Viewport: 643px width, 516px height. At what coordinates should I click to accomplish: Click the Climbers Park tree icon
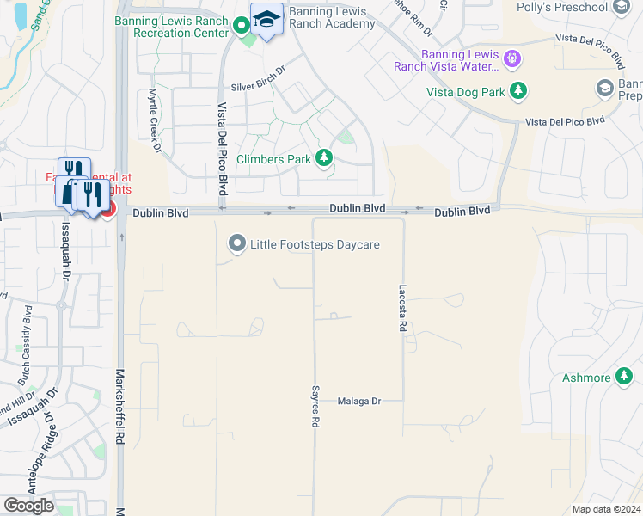[x=324, y=157]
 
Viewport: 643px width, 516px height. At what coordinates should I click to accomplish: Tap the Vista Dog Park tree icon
[x=517, y=90]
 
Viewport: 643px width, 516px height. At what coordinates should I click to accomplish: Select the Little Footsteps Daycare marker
[x=236, y=244]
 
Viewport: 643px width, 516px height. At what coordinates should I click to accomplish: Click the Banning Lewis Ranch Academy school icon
[x=267, y=20]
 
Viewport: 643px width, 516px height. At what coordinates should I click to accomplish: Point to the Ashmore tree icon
[x=625, y=378]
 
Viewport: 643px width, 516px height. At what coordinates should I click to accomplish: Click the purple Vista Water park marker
[x=513, y=58]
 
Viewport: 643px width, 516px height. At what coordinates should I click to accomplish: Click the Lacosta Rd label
[x=401, y=309]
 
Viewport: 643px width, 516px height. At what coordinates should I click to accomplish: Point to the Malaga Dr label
[x=358, y=401]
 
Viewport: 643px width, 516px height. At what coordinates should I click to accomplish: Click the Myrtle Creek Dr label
[x=156, y=120]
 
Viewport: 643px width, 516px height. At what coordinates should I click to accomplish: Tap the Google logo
[x=28, y=506]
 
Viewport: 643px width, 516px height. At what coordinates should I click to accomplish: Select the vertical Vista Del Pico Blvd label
[x=222, y=146]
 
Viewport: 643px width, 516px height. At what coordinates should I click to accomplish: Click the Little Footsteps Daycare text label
[x=315, y=244]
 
